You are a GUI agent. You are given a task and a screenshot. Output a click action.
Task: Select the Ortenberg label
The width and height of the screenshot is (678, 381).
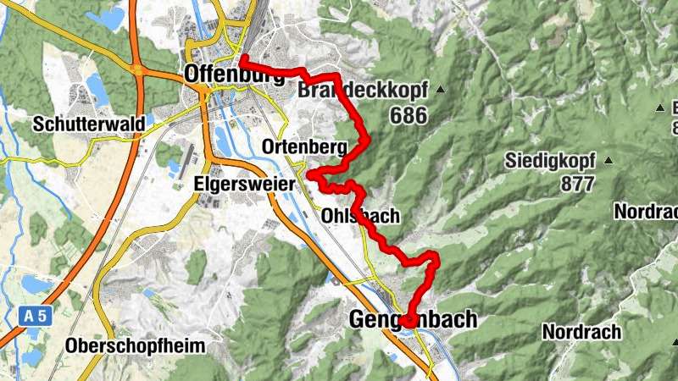pyautogui.click(x=304, y=147)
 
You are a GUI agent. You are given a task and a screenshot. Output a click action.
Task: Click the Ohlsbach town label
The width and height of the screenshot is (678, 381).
pyautogui.click(x=360, y=217)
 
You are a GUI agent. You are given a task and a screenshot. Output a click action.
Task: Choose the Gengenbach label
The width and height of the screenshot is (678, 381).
pyautogui.click(x=413, y=319)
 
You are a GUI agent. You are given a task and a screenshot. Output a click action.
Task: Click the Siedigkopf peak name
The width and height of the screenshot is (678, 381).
pyautogui.click(x=551, y=160)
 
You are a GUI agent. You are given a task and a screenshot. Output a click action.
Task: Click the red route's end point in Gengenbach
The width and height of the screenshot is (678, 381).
pyautogui.click(x=408, y=322)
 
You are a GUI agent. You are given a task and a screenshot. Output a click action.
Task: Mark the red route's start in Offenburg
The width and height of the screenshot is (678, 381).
pyautogui.click(x=243, y=59)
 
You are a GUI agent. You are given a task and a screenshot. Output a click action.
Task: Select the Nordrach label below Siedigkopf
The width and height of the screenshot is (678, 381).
pyautogui.click(x=646, y=211)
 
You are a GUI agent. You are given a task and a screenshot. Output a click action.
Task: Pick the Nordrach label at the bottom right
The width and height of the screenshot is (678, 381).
pyautogui.click(x=581, y=331)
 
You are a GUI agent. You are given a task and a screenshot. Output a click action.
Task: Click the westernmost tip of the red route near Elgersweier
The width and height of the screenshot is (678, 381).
pyautogui.click(x=308, y=175)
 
